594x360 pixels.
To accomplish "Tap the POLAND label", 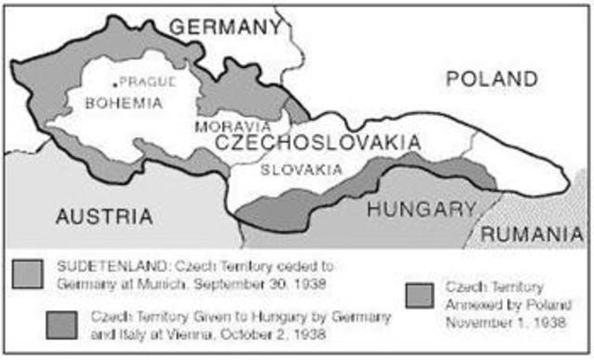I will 491,79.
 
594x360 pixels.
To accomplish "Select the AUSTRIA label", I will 104,216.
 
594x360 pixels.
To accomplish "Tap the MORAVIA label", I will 233,125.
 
